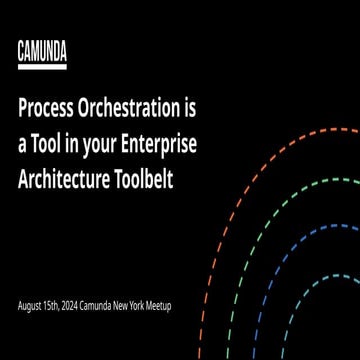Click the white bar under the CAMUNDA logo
click(x=42, y=67)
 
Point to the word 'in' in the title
click(x=75, y=142)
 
